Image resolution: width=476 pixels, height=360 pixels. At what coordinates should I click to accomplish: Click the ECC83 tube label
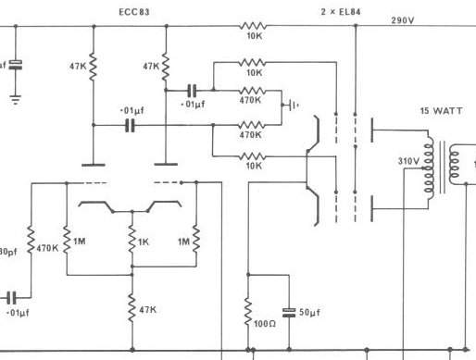pos(134,12)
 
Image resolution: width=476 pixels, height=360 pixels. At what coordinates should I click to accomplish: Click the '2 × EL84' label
pos(341,12)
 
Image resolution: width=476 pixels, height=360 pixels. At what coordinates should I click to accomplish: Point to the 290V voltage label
pos(403,20)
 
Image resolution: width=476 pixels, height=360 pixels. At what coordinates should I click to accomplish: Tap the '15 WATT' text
pos(441,111)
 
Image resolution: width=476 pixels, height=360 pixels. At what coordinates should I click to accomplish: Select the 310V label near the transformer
pos(408,161)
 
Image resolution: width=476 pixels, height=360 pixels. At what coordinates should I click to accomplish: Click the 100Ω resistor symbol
pos(248,311)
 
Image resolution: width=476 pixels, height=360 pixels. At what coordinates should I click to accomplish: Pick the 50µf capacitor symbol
pos(289,313)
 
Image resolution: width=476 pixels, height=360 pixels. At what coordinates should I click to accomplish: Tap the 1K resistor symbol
pos(132,240)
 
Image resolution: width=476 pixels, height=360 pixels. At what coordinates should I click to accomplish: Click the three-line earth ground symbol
pos(16,100)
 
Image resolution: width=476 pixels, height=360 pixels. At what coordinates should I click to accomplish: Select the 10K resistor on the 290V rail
pos(252,26)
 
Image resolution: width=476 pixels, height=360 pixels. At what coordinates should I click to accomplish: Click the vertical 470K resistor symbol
pos(31,241)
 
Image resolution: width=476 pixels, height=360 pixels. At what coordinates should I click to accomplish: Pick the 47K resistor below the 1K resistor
pos(132,308)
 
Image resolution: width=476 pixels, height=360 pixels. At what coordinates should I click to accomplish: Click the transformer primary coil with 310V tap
pos(429,168)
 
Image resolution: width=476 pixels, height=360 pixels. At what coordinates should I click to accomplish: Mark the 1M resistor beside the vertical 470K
pos(67,241)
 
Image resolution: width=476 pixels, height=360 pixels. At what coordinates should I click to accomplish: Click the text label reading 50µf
pos(309,313)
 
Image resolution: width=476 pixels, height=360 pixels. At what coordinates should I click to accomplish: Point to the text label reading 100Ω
pos(265,324)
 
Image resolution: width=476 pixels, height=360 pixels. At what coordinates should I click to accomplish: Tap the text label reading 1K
pos(144,242)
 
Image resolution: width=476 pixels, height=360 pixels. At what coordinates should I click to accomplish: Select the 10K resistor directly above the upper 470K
pos(252,63)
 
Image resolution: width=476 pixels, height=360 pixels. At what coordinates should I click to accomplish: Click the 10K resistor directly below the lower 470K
pos(252,156)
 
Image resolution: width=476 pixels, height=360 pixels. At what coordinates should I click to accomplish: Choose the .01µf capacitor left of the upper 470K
pos(192,91)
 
